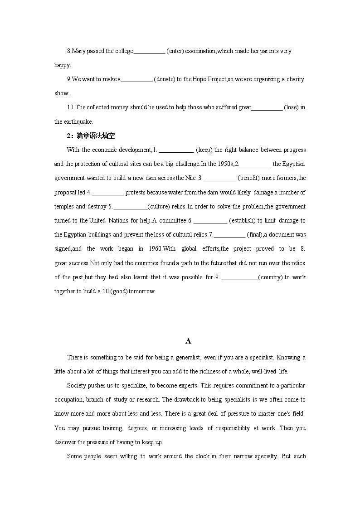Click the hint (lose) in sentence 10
pos(291,107)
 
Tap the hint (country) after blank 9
pos(270,277)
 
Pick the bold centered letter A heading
pos(189,341)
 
